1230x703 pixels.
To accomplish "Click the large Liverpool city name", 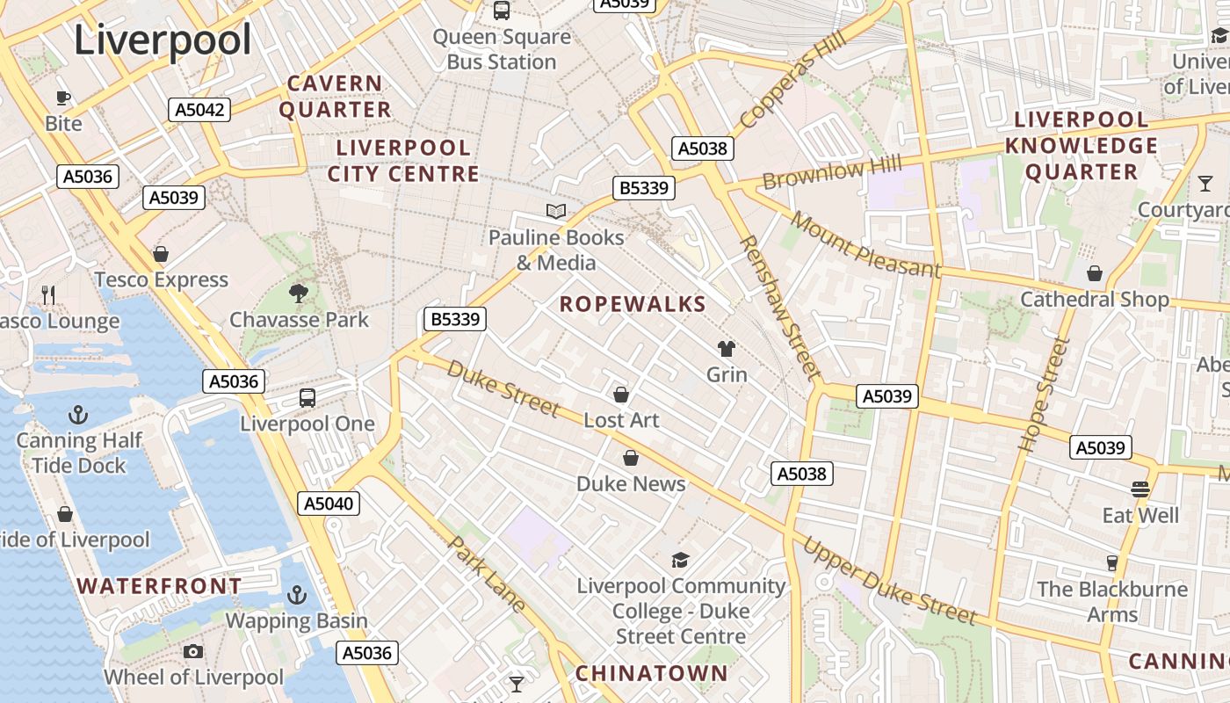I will [x=163, y=40].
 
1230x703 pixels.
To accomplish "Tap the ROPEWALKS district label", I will [x=633, y=304].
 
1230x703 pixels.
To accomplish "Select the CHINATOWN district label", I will [x=651, y=673].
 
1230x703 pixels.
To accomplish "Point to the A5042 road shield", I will [x=199, y=110].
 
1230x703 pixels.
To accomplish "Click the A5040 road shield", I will [x=329, y=504].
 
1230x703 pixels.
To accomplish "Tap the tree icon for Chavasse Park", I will [x=299, y=293].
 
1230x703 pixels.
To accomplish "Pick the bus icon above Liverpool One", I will [x=307, y=397].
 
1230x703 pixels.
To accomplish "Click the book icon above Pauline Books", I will [x=555, y=211].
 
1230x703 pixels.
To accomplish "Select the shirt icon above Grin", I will [x=727, y=348].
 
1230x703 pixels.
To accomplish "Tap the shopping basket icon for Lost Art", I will [x=621, y=394].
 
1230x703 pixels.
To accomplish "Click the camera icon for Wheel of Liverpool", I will [x=193, y=651].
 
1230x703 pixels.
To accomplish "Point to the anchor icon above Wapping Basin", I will [x=296, y=595].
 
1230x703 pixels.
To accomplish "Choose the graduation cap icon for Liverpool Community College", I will [x=680, y=560].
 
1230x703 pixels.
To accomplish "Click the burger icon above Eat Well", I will [x=1140, y=489].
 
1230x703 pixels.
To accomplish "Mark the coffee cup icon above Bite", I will [x=63, y=97].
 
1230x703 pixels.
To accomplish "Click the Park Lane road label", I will [x=487, y=574].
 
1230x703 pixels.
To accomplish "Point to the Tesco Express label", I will [x=161, y=279].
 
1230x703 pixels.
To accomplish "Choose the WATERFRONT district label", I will [x=159, y=585].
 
